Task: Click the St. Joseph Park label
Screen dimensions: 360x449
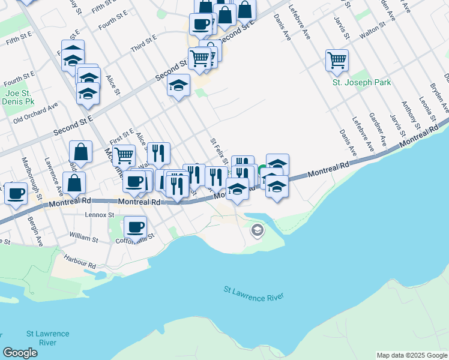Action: (361, 82)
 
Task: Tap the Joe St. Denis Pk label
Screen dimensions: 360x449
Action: (17, 97)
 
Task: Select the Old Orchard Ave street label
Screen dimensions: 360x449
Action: (35, 112)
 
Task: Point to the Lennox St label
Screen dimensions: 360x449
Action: (100, 214)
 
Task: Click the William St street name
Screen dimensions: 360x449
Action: (84, 239)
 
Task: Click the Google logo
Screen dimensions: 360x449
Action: (20, 353)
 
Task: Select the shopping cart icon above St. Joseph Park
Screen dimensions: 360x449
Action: (337, 59)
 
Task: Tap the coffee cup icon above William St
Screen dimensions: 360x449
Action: (136, 227)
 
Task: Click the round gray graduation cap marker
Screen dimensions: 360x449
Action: (258, 230)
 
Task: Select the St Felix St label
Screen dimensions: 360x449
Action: (218, 151)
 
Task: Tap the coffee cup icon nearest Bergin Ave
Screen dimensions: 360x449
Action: (16, 193)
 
